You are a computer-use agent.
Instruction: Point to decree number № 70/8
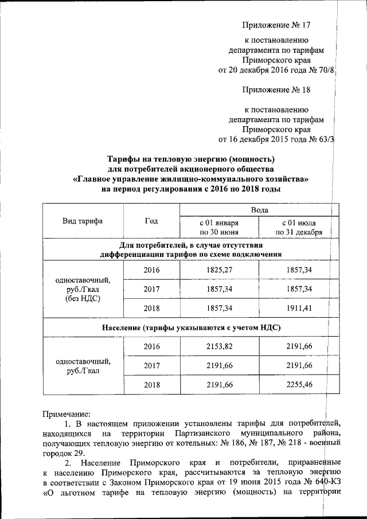(x=323, y=71)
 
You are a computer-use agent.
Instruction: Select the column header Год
(x=151, y=221)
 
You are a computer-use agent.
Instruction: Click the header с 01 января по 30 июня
(x=219, y=227)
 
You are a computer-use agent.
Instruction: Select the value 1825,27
(x=219, y=269)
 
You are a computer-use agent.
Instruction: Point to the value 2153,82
(x=219, y=346)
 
